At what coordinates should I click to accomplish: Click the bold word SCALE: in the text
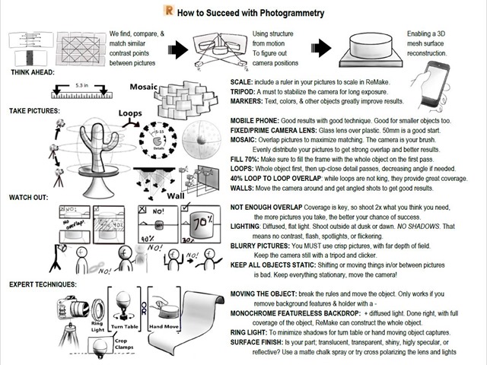(243, 81)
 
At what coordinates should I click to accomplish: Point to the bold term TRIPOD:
(246, 90)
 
